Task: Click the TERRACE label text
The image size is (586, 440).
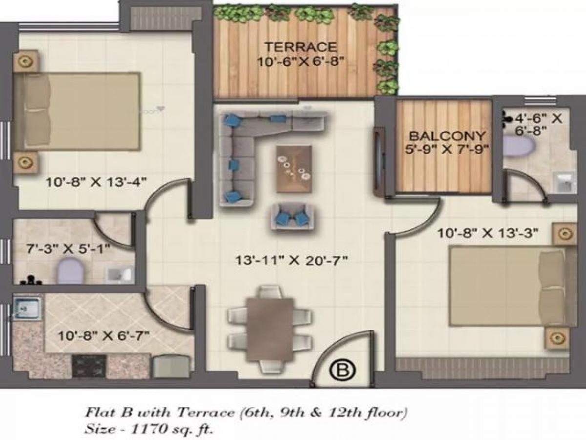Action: pos(300,47)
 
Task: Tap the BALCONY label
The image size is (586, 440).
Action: pos(447,136)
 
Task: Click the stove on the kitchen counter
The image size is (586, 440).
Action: pos(89,365)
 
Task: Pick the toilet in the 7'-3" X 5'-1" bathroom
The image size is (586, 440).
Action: pos(71,271)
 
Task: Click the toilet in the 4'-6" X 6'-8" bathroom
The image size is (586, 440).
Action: pos(514,146)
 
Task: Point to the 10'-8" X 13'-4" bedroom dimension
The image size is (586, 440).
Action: pos(97,182)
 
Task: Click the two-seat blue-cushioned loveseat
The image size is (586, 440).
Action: pos(293,216)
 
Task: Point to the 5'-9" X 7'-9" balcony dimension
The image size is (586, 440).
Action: pos(447,149)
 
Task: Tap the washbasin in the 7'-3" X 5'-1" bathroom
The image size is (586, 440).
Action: pos(118,275)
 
